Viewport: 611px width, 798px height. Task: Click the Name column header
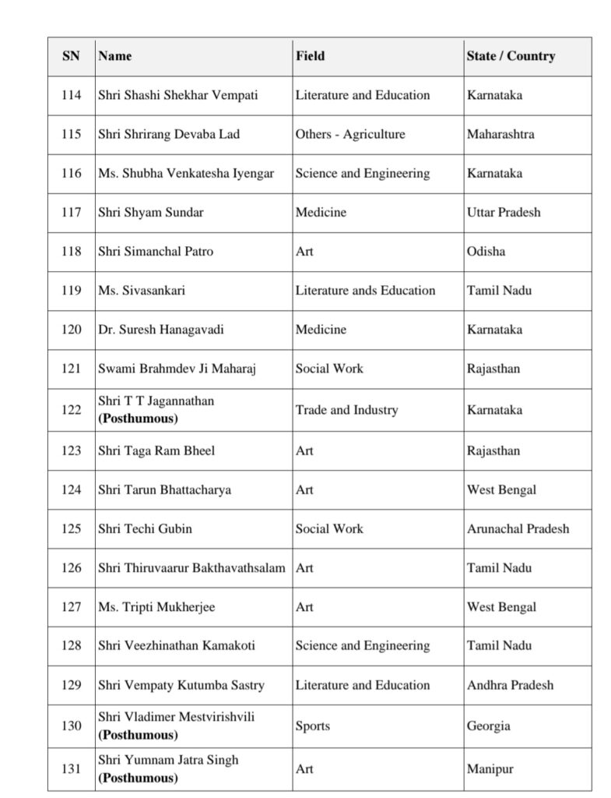pyautogui.click(x=115, y=56)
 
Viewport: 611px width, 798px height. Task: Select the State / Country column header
pyautogui.click(x=511, y=56)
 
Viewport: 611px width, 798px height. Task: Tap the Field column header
pyautogui.click(x=310, y=56)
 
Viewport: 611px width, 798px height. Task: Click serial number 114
pyautogui.click(x=71, y=95)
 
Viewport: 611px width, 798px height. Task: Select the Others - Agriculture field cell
pyautogui.click(x=350, y=134)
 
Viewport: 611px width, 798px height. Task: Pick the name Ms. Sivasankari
pyautogui.click(x=142, y=290)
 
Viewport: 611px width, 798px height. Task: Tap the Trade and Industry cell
pyautogui.click(x=346, y=410)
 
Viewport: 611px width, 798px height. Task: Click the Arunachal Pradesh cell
pyautogui.click(x=518, y=528)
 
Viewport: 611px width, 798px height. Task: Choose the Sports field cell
pyautogui.click(x=313, y=726)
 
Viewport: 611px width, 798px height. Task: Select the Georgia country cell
pyautogui.click(x=489, y=726)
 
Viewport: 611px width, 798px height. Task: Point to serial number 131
pyautogui.click(x=71, y=768)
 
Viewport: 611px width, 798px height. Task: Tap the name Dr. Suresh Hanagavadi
pyautogui.click(x=161, y=329)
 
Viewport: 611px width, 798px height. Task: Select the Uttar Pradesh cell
pyautogui.click(x=504, y=212)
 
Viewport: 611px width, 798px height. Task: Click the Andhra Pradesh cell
pyautogui.click(x=511, y=685)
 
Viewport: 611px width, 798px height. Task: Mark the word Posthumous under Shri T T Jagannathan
pyautogui.click(x=138, y=418)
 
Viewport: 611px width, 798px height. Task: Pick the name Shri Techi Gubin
pyautogui.click(x=146, y=528)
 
